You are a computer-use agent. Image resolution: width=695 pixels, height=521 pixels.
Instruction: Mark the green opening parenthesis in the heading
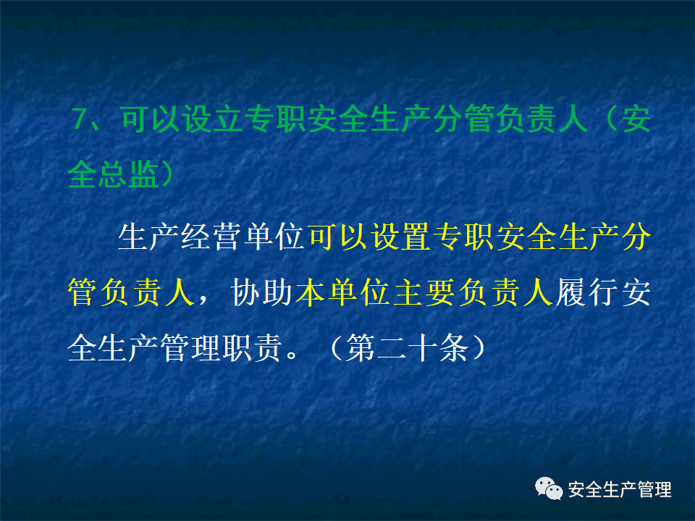pyautogui.click(x=605, y=119)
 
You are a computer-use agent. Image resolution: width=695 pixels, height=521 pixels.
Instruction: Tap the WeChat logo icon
pyautogui.click(x=549, y=490)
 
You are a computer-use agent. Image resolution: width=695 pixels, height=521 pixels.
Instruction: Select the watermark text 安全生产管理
pyautogui.click(x=620, y=490)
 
